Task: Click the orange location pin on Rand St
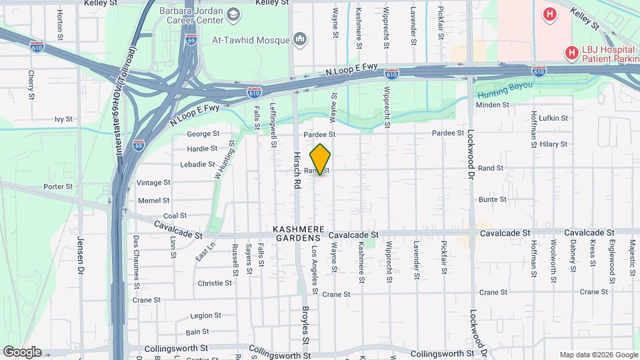(x=321, y=159)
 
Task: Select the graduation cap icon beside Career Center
(x=233, y=13)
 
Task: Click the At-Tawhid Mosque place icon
(x=300, y=39)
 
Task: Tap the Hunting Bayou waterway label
(x=505, y=86)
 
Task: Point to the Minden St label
(x=493, y=105)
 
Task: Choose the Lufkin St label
(x=553, y=118)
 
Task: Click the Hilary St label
(x=553, y=144)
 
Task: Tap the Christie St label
(x=214, y=283)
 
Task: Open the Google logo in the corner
(x=22, y=352)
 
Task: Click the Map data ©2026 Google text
(x=597, y=355)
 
